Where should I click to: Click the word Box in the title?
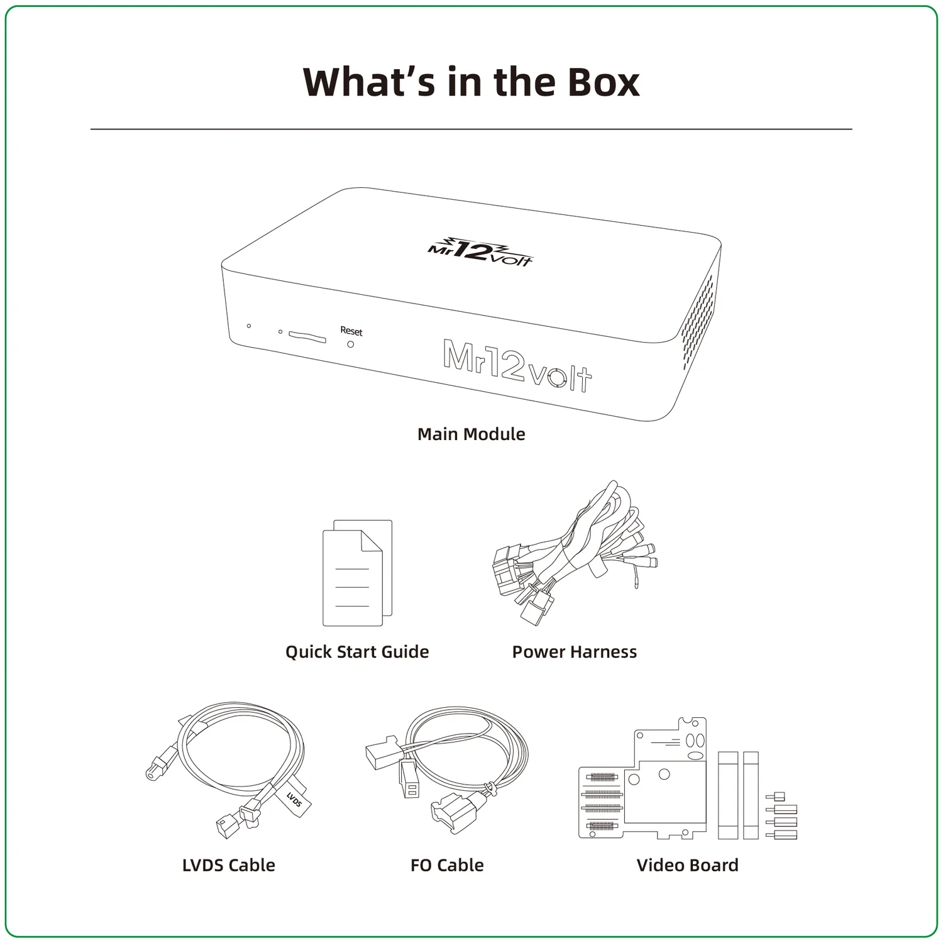(x=604, y=82)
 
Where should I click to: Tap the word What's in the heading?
(x=369, y=82)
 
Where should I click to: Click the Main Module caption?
(x=472, y=434)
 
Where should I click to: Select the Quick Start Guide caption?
(x=357, y=652)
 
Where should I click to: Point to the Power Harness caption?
(x=575, y=652)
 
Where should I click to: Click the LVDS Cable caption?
(x=229, y=865)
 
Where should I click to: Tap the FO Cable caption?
(x=447, y=865)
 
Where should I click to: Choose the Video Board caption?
(x=688, y=865)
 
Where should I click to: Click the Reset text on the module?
(x=351, y=331)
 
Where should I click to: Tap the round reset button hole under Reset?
(x=351, y=345)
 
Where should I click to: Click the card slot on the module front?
(x=307, y=336)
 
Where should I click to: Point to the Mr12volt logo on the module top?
(x=480, y=252)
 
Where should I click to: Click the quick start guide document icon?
(x=357, y=573)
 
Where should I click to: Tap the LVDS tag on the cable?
(x=294, y=799)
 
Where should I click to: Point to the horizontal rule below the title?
(x=472, y=130)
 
